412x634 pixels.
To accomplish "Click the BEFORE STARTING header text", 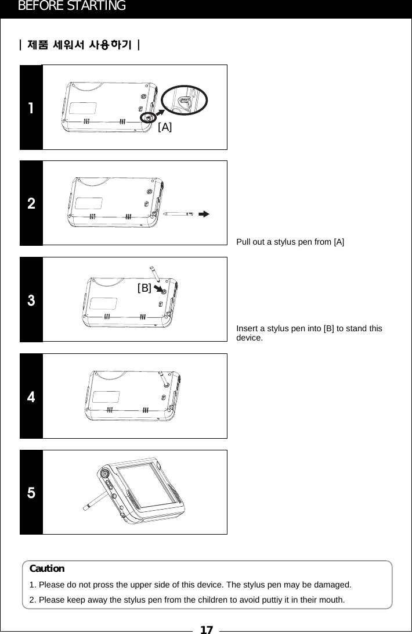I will coord(72,6).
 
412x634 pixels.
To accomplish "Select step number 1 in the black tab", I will coord(31,108).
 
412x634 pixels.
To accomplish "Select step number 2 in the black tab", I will coord(31,204).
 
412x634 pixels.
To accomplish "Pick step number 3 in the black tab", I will coord(31,301).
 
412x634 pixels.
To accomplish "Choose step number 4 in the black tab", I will coord(31,397).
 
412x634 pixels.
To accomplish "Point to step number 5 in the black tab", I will coord(31,493).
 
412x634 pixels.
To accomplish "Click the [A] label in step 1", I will coord(165,127).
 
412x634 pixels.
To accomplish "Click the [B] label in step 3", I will coord(144,287).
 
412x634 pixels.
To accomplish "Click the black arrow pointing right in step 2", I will coord(203,214).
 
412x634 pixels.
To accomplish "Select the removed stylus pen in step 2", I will coord(178,214).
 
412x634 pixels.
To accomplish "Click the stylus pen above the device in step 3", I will coord(154,272).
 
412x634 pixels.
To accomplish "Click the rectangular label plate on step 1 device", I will coord(83,109).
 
